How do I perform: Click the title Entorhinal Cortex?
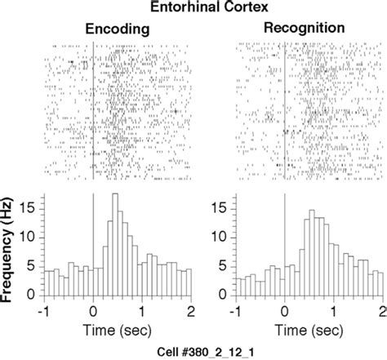pyautogui.click(x=193, y=9)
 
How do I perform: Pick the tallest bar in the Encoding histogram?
pyautogui.click(x=114, y=245)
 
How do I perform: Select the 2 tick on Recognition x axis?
pyautogui.click(x=382, y=311)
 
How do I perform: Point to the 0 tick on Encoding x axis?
pyautogui.click(x=93, y=311)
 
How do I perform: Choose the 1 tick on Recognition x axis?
pyautogui.click(x=333, y=311)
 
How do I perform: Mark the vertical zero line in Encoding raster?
pyautogui.click(x=93, y=106)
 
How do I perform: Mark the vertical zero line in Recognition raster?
pyautogui.click(x=283, y=106)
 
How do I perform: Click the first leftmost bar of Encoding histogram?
pyautogui.click(x=48, y=283)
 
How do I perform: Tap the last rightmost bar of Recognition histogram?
pyautogui.click(x=379, y=285)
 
